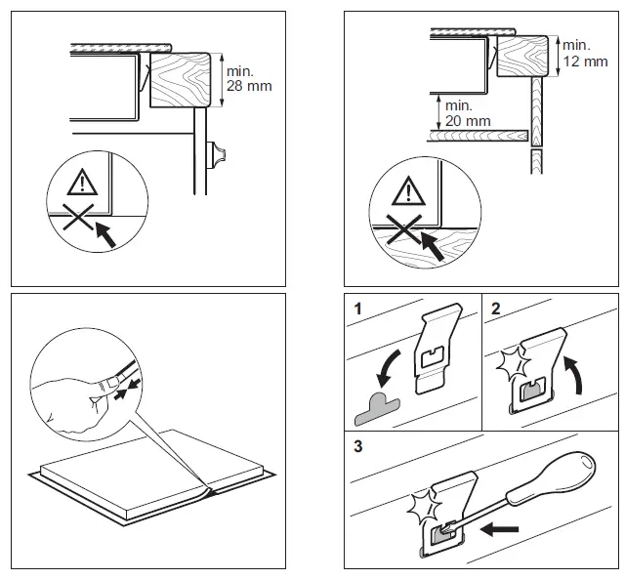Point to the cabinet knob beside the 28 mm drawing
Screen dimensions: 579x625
(219, 153)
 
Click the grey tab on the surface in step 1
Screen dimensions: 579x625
(375, 410)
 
